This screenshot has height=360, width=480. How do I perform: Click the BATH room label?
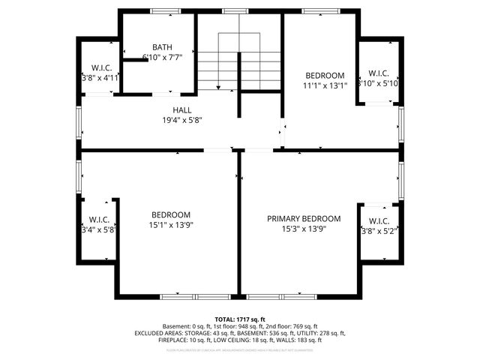(162, 46)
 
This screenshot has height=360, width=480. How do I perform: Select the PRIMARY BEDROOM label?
(304, 219)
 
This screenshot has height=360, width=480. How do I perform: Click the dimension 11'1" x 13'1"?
(325, 85)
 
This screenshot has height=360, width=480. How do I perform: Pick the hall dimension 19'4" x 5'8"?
(182, 120)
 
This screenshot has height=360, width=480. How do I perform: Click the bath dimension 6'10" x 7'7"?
(162, 56)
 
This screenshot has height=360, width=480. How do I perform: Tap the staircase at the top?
(238, 61)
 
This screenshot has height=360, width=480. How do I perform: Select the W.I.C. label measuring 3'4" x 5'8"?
(99, 220)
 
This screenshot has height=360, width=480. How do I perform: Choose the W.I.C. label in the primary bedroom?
(379, 221)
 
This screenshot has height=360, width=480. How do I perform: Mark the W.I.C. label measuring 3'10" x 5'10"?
(378, 73)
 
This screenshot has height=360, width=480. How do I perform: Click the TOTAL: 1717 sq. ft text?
(240, 319)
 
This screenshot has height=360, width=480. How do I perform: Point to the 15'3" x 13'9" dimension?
(304, 229)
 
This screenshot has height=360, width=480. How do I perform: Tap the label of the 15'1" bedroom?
(170, 214)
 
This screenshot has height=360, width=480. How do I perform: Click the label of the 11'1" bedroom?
(325, 76)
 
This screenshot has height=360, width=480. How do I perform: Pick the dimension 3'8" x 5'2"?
(379, 231)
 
